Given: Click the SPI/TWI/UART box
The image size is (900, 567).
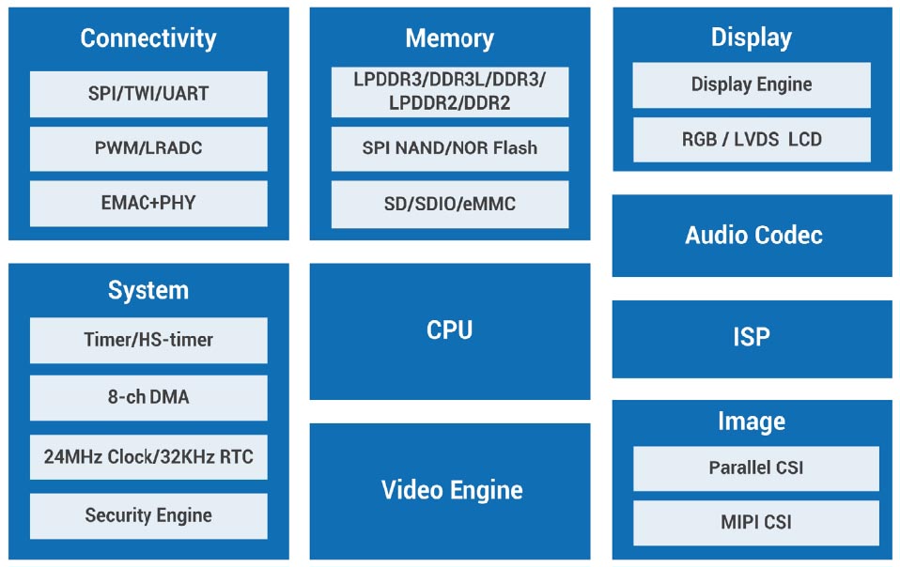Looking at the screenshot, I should (148, 94).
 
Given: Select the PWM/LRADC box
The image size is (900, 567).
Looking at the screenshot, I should (148, 148).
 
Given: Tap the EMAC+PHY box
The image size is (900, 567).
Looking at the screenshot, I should (148, 203).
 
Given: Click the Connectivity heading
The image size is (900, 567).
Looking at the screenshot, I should (148, 38).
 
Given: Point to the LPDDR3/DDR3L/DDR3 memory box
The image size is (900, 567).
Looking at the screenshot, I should (449, 92).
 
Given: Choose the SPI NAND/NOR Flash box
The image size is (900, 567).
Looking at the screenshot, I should (449, 148).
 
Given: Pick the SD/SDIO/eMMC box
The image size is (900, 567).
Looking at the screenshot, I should (449, 204).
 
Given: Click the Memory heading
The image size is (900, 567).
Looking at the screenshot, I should (449, 38).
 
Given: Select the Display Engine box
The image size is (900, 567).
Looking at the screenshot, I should (752, 84).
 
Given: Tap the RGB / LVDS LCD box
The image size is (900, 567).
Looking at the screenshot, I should (752, 140).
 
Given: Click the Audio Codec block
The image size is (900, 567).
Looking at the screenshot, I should (753, 235).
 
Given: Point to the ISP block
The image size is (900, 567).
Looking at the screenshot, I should (752, 338).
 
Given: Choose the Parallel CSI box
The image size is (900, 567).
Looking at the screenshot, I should (756, 467).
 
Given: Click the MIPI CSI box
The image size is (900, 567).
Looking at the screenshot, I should (756, 523).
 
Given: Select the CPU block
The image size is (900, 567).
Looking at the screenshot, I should (449, 330).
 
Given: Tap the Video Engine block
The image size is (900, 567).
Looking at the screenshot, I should (451, 490).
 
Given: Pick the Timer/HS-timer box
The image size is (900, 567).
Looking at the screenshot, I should (148, 340).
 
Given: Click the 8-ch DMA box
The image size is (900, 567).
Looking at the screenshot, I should (148, 398).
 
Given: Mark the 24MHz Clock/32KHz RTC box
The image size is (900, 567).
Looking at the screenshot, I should (148, 457).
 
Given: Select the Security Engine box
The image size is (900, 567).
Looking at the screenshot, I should (148, 515).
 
